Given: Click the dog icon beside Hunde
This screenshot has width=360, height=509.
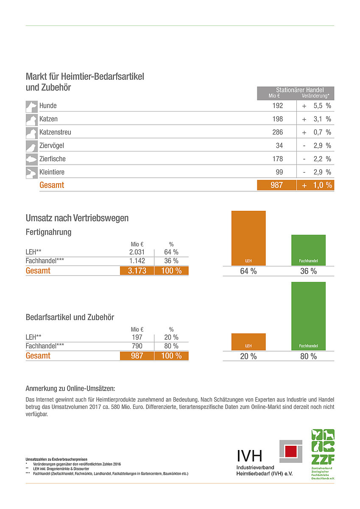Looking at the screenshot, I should pyautogui.click(x=31, y=106).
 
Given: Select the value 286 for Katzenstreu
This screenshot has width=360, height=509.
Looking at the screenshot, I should pyautogui.click(x=277, y=132).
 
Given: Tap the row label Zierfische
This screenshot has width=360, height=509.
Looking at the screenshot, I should pyautogui.click(x=53, y=159).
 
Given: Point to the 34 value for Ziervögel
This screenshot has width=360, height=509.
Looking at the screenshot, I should pyautogui.click(x=279, y=146).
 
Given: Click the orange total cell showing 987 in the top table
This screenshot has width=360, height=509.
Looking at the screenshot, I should pyautogui.click(x=276, y=185).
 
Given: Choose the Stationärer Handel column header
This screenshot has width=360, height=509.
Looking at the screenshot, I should pyautogui.click(x=300, y=90).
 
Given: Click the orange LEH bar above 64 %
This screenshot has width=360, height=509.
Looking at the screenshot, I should pyautogui.click(x=248, y=238).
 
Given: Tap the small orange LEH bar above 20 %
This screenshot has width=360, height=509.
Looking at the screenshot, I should pyautogui.click(x=248, y=341).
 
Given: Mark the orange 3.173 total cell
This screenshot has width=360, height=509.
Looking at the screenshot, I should pyautogui.click(x=137, y=271).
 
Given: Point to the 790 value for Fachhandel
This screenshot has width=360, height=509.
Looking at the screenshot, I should pyautogui.click(x=137, y=346).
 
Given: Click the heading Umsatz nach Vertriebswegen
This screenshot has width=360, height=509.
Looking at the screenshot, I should pyautogui.click(x=77, y=218).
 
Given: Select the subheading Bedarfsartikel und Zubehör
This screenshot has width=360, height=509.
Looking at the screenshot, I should pyautogui.click(x=70, y=317).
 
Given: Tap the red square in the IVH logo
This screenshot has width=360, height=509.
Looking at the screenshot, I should pyautogui.click(x=290, y=451).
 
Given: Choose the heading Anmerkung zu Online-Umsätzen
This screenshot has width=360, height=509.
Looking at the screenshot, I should pyautogui.click(x=70, y=389).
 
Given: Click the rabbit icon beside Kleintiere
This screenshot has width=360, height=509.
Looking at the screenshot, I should pyautogui.click(x=31, y=173).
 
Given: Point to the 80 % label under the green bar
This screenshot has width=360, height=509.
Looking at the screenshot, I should pyautogui.click(x=308, y=356).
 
